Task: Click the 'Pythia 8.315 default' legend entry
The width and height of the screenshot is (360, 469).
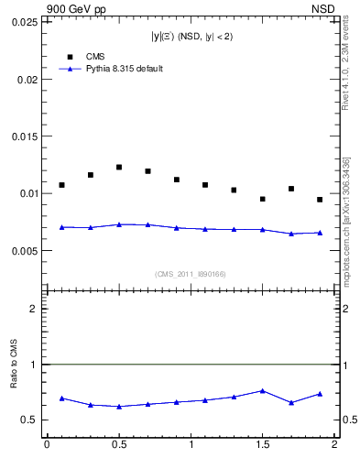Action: pos(110,69)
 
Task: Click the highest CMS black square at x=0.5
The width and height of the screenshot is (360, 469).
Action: pos(119,167)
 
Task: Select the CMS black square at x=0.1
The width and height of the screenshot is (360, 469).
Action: pos(61,185)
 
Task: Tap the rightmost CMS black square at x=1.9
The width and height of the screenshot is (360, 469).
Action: pos(320,200)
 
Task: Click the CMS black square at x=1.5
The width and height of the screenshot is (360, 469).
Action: pos(263,199)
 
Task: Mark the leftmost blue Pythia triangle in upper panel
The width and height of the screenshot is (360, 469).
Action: pos(61,227)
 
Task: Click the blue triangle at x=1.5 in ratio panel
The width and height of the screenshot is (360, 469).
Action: pos(263,391)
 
